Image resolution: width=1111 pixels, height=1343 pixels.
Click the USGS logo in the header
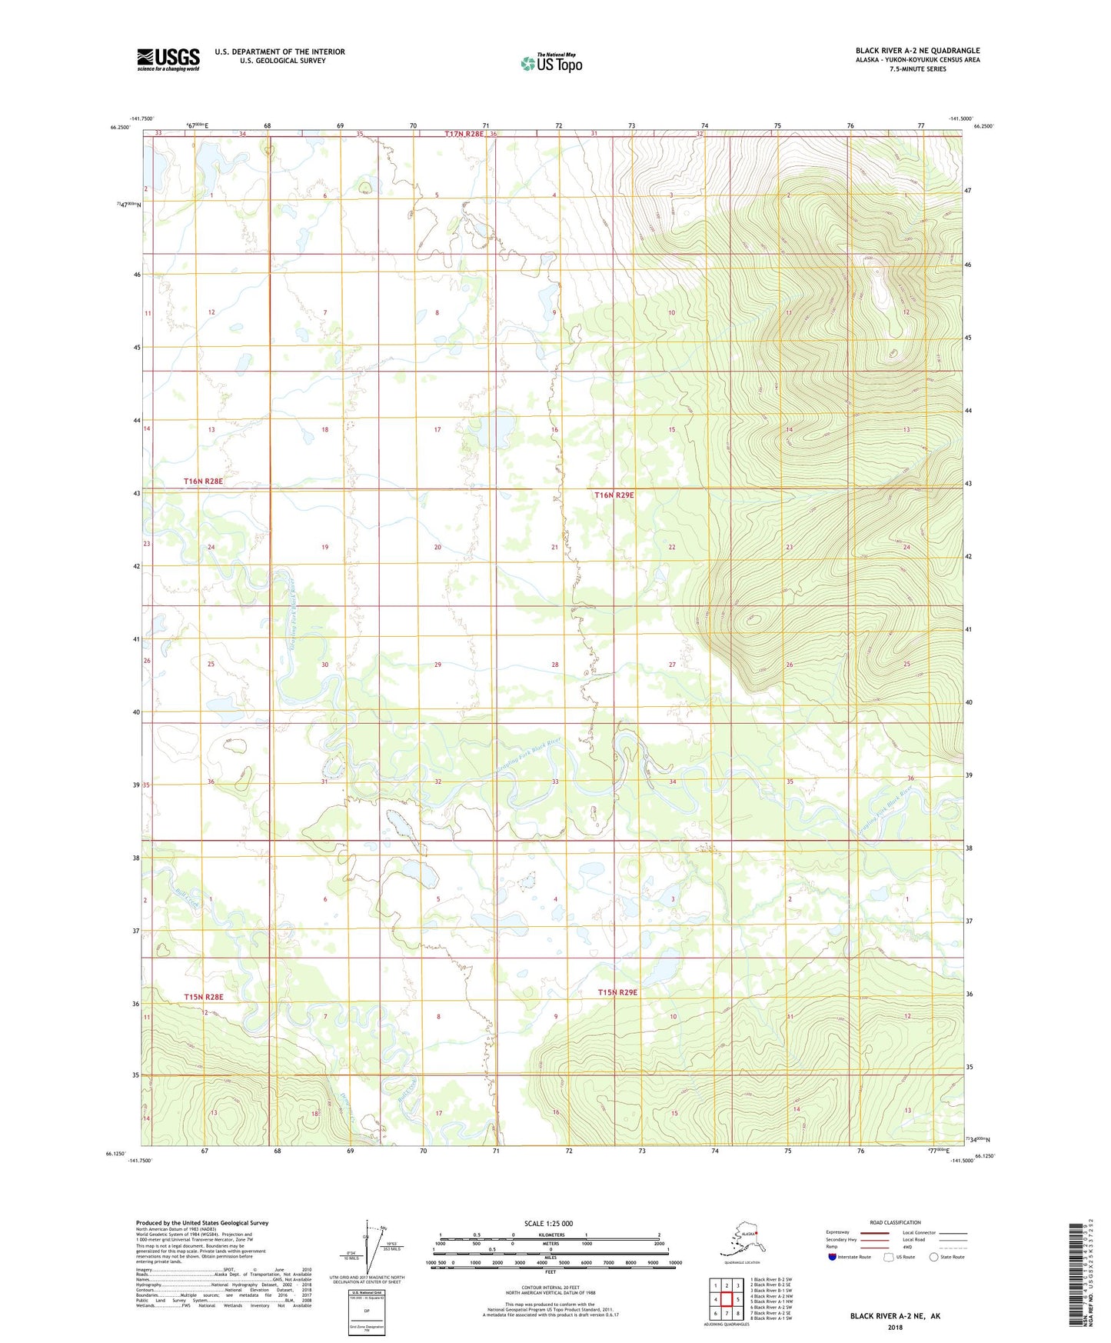[x=168, y=58]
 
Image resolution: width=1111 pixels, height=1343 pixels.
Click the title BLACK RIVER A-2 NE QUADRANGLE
[x=917, y=51]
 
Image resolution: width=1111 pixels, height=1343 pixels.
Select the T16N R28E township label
[x=203, y=482]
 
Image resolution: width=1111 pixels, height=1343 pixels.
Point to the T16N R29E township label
[x=614, y=495]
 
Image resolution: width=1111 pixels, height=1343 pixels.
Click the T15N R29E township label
[x=617, y=992]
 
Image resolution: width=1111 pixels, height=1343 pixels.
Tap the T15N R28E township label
[x=203, y=997]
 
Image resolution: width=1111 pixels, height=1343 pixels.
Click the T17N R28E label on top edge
[x=464, y=134]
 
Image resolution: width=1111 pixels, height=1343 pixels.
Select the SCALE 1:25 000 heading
[x=548, y=1223]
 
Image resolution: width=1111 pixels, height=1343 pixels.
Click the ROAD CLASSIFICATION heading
[x=895, y=1222]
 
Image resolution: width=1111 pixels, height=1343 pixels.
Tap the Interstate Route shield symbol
[x=833, y=1257]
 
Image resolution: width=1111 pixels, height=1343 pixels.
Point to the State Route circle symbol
[x=934, y=1257]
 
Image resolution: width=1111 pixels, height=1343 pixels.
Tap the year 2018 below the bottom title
[x=895, y=1327]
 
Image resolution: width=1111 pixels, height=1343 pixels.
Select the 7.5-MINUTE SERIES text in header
[x=917, y=69]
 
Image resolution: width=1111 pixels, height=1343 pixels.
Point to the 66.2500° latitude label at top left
[x=119, y=128]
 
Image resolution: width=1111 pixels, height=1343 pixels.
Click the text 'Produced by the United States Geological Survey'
[x=202, y=1222]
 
